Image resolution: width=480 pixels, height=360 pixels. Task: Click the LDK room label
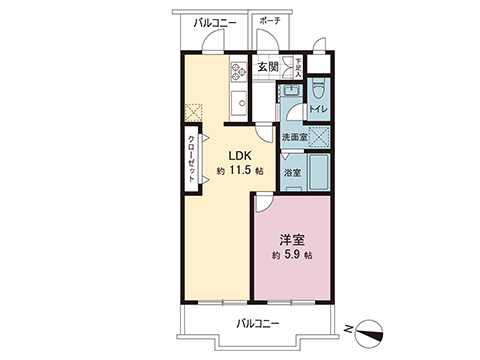[240, 155]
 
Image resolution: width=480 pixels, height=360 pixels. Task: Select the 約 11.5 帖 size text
[240, 171]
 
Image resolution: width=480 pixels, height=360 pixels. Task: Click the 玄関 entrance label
[267, 67]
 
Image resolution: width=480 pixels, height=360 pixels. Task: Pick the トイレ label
[318, 108]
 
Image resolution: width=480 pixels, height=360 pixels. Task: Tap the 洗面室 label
[293, 137]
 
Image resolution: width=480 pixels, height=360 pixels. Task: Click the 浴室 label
[291, 172]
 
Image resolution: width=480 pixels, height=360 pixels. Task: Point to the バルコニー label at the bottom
[258, 323]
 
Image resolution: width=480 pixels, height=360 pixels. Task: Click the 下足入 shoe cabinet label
[297, 66]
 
